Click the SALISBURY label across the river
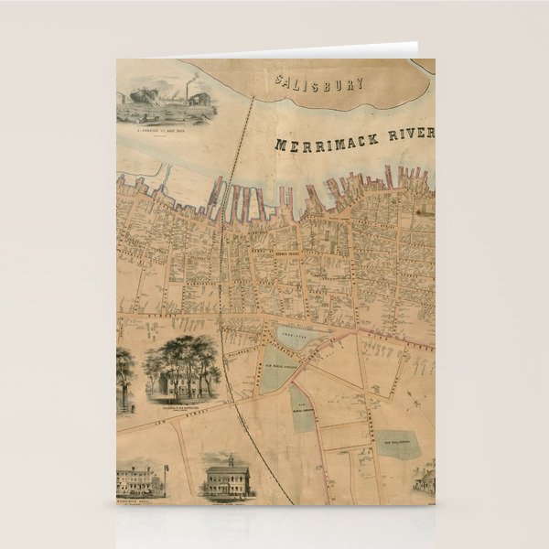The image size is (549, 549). click(x=321, y=83)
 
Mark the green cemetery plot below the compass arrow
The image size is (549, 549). click(x=399, y=443)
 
